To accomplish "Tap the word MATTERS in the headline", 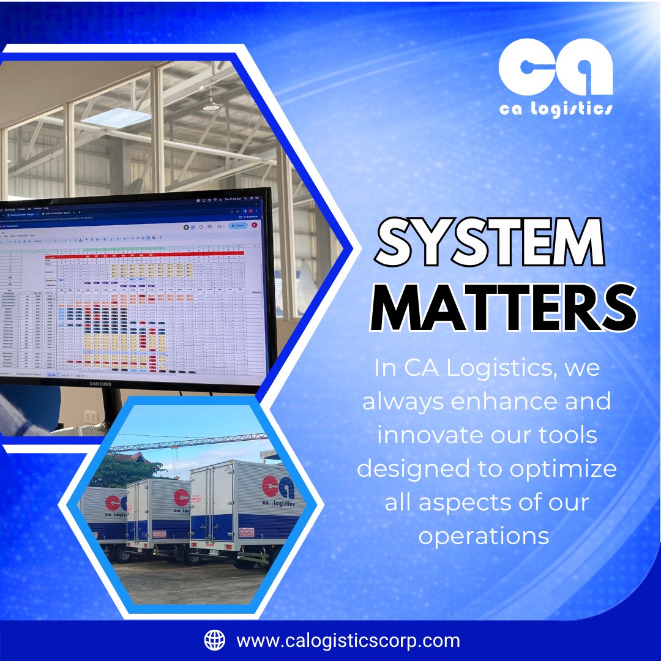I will point(503,309).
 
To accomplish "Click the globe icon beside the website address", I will point(214,640).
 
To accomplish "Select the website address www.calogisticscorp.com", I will point(348,641).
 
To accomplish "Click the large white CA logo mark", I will point(555,69).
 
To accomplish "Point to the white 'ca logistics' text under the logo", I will point(555,109).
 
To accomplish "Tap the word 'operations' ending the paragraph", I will point(484,536).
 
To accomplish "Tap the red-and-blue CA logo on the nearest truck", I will point(278,488).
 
